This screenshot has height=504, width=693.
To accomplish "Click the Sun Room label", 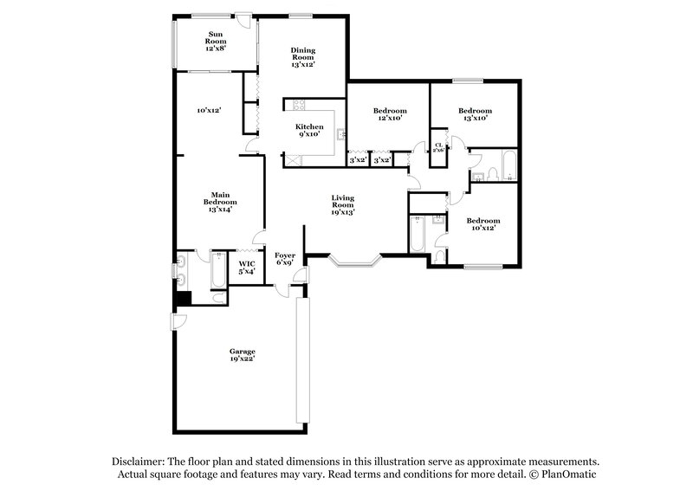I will (x=214, y=42).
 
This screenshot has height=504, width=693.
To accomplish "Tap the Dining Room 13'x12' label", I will (x=302, y=57).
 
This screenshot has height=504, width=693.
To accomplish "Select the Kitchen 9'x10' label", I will (x=310, y=131).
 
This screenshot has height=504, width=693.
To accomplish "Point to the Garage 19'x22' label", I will (x=242, y=355).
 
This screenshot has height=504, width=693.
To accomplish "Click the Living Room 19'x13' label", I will (x=343, y=204).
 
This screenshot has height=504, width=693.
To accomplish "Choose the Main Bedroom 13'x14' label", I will (x=220, y=202).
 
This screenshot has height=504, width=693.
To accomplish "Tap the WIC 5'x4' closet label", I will (x=247, y=267).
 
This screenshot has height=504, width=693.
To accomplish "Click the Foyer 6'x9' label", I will (x=285, y=259).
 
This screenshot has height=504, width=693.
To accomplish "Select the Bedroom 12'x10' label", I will (x=390, y=114).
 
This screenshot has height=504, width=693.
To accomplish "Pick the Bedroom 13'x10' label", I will (x=475, y=114).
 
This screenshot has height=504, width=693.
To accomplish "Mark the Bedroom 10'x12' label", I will (x=483, y=224).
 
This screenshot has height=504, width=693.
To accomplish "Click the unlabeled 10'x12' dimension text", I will (x=209, y=111).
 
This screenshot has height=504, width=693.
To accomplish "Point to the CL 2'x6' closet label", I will (x=438, y=147).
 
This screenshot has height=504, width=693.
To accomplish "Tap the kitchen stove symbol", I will (x=300, y=106).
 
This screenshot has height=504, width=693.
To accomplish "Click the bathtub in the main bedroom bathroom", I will (x=210, y=276).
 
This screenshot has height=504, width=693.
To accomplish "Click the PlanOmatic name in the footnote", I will (x=568, y=475).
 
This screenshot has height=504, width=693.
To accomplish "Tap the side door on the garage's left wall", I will (x=177, y=321).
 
